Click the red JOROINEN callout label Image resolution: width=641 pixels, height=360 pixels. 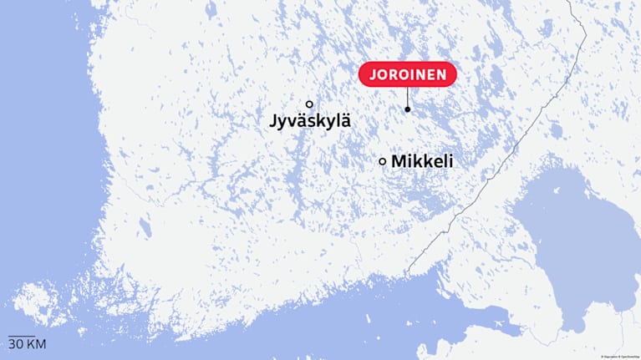408,74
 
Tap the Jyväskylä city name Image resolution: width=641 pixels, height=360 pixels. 310,121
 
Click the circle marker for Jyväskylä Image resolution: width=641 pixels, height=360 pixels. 309,104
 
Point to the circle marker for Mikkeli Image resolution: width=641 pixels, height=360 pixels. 383,161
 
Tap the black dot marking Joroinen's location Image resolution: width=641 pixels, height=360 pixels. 408,109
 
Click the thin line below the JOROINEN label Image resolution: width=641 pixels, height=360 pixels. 408,96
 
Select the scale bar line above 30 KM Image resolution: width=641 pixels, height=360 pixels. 22,337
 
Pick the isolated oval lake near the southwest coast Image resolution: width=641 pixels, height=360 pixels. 145,226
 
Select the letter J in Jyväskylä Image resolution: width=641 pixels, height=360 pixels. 274,121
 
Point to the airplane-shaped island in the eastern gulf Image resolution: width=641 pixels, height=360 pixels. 501,319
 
